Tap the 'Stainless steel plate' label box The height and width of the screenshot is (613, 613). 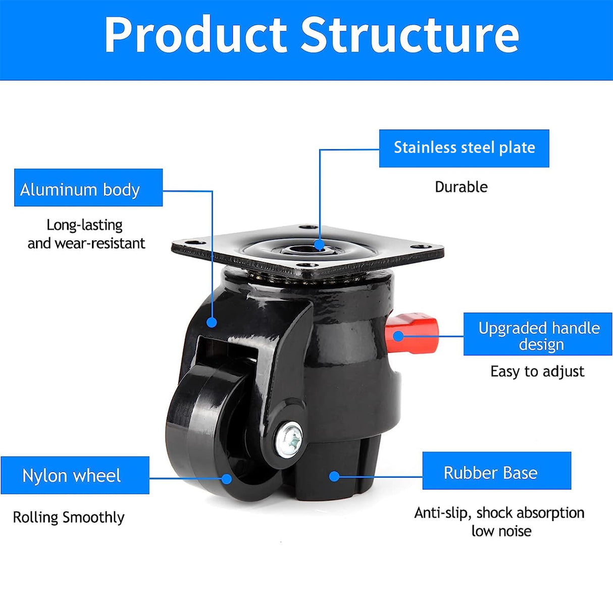pyautogui.click(x=464, y=148)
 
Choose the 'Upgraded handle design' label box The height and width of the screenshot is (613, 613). pyautogui.click(x=538, y=334)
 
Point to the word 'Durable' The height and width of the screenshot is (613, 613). pyautogui.click(x=461, y=187)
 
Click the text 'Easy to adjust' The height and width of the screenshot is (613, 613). pyautogui.click(x=537, y=372)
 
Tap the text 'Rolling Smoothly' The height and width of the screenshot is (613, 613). pyautogui.click(x=69, y=517)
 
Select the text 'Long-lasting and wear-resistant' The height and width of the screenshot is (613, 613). pyautogui.click(x=86, y=234)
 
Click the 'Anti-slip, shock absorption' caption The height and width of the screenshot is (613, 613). pyautogui.click(x=499, y=513)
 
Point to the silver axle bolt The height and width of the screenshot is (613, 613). pyautogui.click(x=289, y=438)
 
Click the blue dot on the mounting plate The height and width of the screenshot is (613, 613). pyautogui.click(x=319, y=246)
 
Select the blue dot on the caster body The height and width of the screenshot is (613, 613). pyautogui.click(x=212, y=322)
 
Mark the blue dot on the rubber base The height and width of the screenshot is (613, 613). pyautogui.click(x=334, y=476)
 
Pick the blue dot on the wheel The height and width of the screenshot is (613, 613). pyautogui.click(x=227, y=478)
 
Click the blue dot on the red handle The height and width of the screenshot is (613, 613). pyautogui.click(x=398, y=336)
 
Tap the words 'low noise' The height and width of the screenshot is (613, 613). pyautogui.click(x=501, y=531)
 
